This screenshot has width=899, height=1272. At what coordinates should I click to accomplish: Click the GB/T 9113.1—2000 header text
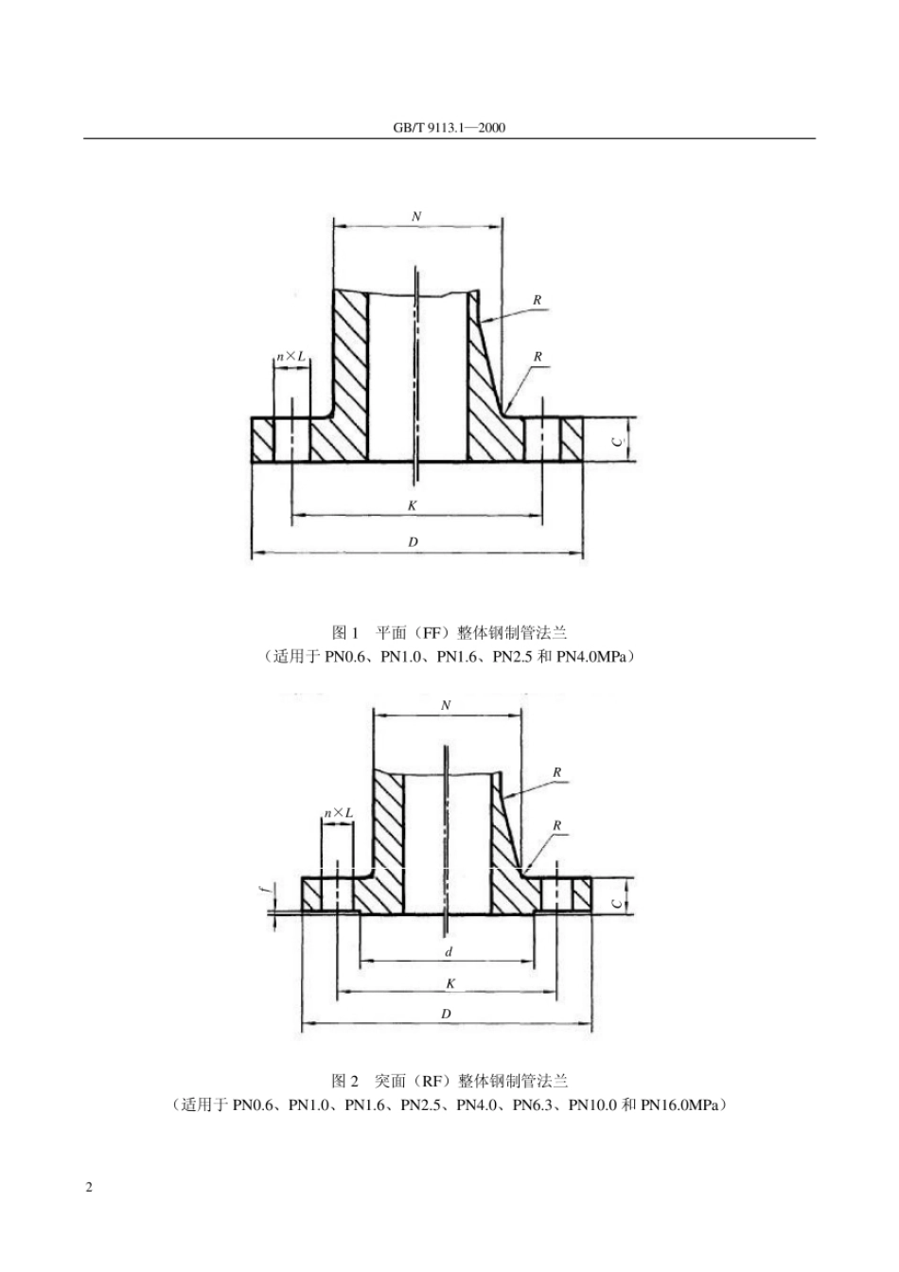coord(449,128)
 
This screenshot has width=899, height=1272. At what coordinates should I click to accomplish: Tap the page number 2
coord(89,1188)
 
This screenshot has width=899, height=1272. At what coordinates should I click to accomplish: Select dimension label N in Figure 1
coord(416,216)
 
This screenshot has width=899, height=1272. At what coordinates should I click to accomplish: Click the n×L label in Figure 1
coord(291,356)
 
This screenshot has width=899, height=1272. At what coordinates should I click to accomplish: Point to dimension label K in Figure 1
coord(413,505)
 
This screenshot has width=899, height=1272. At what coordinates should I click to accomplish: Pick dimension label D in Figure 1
coord(413,541)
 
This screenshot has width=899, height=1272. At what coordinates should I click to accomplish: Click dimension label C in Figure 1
coord(616,440)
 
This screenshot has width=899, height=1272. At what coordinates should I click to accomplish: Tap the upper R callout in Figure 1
coord(538,300)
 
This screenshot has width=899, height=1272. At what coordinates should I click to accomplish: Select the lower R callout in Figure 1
coord(538,357)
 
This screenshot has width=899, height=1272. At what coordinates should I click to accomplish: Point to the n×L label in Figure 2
coord(338,812)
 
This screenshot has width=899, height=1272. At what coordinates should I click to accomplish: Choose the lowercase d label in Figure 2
coord(449,951)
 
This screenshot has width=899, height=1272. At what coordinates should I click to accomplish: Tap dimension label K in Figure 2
coord(450,983)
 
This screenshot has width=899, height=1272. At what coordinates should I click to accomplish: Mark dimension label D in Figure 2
coord(447,1014)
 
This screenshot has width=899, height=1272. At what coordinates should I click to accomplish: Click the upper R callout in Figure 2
coord(557,772)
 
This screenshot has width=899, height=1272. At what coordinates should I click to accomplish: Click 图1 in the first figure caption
coord(347,631)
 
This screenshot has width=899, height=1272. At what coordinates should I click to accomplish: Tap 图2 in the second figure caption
coord(345,1080)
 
